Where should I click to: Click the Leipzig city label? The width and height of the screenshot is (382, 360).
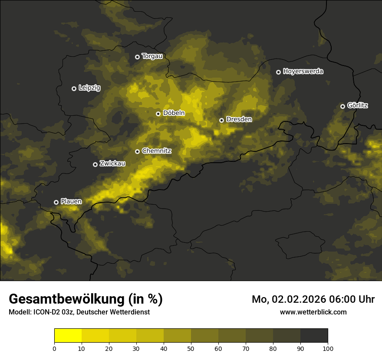tap(89, 88)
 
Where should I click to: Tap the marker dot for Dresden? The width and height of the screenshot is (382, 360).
tap(221, 120)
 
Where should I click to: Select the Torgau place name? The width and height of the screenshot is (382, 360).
tap(152, 56)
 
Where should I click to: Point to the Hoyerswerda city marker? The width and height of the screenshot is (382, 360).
tap(278, 72)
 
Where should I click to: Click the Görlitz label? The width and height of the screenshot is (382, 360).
tap(358, 105)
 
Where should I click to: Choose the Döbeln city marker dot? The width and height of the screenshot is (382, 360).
tap(158, 114)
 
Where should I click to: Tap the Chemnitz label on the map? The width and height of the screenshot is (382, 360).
tap(157, 151)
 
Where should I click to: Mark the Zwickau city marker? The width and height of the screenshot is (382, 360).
tap(95, 164)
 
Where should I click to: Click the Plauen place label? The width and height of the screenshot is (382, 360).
tap(71, 202)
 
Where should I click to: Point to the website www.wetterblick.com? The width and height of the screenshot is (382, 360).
tap(313, 312)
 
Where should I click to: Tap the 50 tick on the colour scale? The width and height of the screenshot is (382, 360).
tap(191, 348)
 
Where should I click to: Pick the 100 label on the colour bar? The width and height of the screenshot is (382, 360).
tap(328, 348)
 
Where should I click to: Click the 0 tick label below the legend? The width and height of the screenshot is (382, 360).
tap(54, 348)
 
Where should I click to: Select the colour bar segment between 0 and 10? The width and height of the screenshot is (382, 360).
tap(68, 336)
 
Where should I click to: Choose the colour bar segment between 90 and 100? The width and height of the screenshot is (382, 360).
tap(314, 336)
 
